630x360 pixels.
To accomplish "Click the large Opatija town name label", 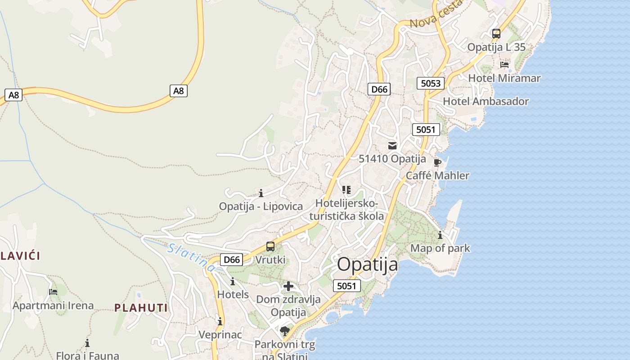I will pos(367,265).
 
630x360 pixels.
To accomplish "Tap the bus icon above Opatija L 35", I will pos(496,34).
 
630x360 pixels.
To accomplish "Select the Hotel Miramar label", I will pos(504,78).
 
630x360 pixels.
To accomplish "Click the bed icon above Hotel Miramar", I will pos(504,65).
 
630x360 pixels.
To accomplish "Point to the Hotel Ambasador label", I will pos(486,101).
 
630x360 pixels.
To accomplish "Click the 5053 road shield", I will pos(430,83).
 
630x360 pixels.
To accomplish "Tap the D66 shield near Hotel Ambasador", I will pos(379,89).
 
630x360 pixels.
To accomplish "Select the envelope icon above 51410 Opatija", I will pos(392,145).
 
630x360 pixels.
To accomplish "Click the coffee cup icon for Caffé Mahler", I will pos(437,162).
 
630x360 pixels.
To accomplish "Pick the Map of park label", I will pos(440,248).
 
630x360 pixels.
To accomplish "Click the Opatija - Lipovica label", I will pos(261,207).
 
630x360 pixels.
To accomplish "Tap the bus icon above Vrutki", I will pos(270,247).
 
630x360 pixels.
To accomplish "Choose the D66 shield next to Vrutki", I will pos(232,260).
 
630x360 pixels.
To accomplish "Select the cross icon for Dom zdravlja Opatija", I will pos(288,286).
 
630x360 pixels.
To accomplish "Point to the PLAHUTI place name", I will pos(141,308).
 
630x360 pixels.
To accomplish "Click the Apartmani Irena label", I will pos(53,306).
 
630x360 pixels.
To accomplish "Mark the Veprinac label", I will pos(220,335).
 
